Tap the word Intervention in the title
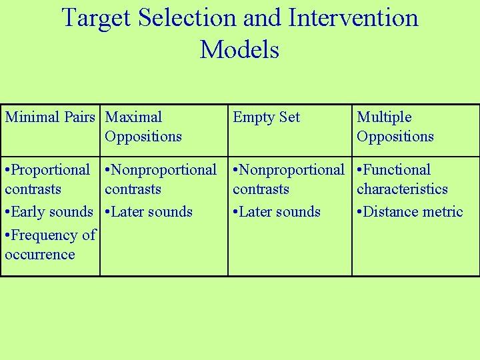353,18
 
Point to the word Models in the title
239,49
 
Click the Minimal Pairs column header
50,117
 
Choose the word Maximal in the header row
133,117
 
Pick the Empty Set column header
266,118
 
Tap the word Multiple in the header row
384,117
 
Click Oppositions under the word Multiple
395,137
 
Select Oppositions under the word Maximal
143,137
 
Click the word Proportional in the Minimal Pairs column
51,170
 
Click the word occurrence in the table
40,255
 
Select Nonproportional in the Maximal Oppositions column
164,170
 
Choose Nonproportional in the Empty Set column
292,170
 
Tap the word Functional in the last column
397,170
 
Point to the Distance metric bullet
413,212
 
